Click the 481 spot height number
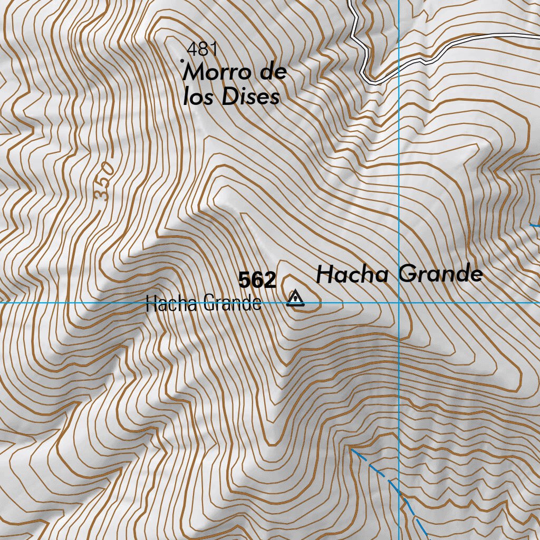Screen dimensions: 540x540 pyautogui.click(x=202, y=50)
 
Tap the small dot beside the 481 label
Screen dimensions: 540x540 pyautogui.click(x=183, y=61)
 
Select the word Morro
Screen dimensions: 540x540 pyautogui.click(x=214, y=73)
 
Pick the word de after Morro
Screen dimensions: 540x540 pyautogui.click(x=273, y=72)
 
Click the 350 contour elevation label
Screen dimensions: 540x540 pyautogui.click(x=105, y=181)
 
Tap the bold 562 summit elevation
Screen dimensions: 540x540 pyautogui.click(x=257, y=281)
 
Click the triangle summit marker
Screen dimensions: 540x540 pyautogui.click(x=295, y=299)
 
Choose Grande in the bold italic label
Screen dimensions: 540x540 pyautogui.click(x=440, y=274)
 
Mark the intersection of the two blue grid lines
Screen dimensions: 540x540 pyautogui.click(x=399, y=303)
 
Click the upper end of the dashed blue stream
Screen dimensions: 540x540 pyautogui.click(x=352, y=450)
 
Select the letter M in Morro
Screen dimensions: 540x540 pyautogui.click(x=193, y=73)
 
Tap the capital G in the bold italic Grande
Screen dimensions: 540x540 pyautogui.click(x=407, y=274)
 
